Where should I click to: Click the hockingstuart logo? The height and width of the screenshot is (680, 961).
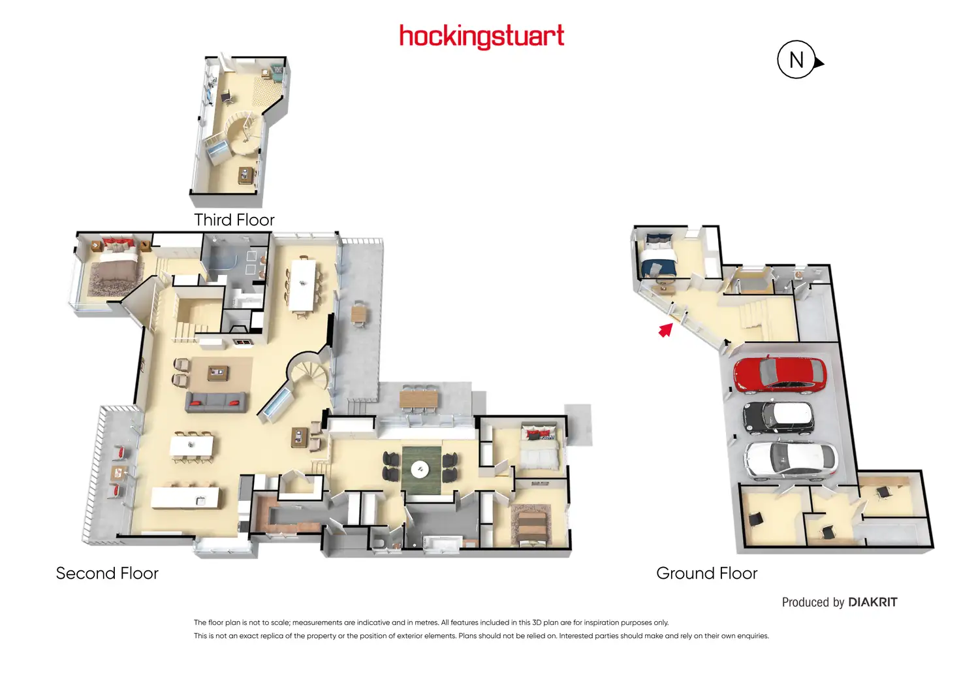click(x=481, y=36)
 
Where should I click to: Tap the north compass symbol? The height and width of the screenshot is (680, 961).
click(x=797, y=60)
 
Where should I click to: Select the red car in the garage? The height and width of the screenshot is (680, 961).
click(x=780, y=374)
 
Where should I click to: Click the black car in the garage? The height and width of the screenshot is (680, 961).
click(x=778, y=416)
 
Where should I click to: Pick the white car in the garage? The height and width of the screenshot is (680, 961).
click(x=790, y=459)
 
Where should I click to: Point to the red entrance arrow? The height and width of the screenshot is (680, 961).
click(x=665, y=330)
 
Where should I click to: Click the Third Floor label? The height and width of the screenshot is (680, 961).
click(x=234, y=219)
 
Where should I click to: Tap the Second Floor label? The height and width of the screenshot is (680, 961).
click(x=107, y=573)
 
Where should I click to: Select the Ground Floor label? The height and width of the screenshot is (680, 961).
click(x=706, y=573)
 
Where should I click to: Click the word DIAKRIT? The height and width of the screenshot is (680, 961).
click(x=872, y=602)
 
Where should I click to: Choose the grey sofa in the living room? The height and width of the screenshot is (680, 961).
click(x=215, y=402)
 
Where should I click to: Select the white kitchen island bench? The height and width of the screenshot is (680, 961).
click(x=185, y=498)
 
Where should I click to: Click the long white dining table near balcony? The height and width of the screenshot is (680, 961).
click(x=302, y=283)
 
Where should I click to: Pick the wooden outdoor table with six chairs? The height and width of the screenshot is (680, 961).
click(x=418, y=398)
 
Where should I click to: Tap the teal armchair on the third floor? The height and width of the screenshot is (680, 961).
click(x=277, y=71)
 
